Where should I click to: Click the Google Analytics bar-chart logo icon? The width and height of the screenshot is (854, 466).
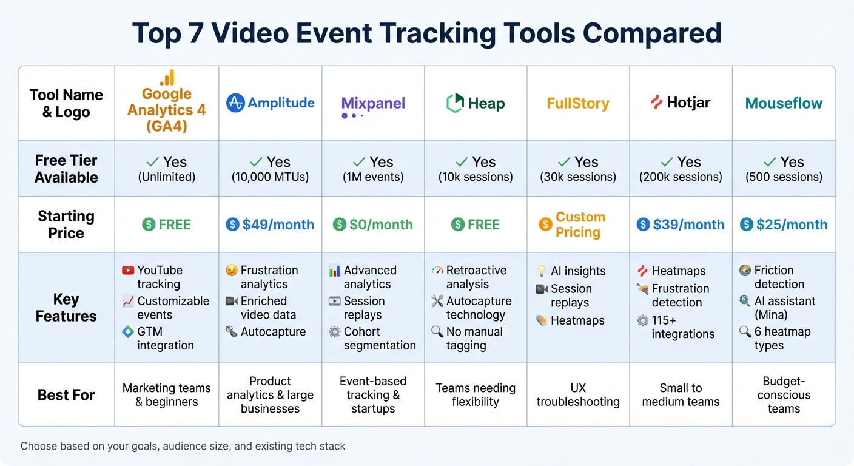pos(167,78)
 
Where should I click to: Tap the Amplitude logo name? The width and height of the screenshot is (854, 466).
pos(281,103)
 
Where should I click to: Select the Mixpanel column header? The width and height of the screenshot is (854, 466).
pos(373,104)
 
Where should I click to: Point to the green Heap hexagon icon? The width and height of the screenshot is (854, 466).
pos(455,103)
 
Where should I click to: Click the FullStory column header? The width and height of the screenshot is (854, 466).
pos(577,103)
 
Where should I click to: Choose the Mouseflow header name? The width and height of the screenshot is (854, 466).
pos(784,103)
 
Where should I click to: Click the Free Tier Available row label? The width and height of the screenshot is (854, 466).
pos(66,169)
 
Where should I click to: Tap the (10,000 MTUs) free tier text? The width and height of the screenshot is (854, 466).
pos(270,177)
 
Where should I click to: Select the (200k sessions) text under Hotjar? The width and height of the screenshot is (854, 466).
pos(681,177)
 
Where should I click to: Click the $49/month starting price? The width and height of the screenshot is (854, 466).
pos(278,225)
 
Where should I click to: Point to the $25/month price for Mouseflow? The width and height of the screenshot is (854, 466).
pos(792,225)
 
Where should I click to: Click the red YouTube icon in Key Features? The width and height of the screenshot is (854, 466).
pos(127,271)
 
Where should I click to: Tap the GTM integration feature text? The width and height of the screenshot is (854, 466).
pos(165,339)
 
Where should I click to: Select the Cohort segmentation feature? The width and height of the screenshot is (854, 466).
pos(380,339)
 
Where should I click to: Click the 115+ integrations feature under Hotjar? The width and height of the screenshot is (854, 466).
pos(683,327)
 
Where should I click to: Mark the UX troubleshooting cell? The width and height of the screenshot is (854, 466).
pos(577,394)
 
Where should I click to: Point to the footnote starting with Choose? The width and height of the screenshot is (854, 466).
pos(183,446)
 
